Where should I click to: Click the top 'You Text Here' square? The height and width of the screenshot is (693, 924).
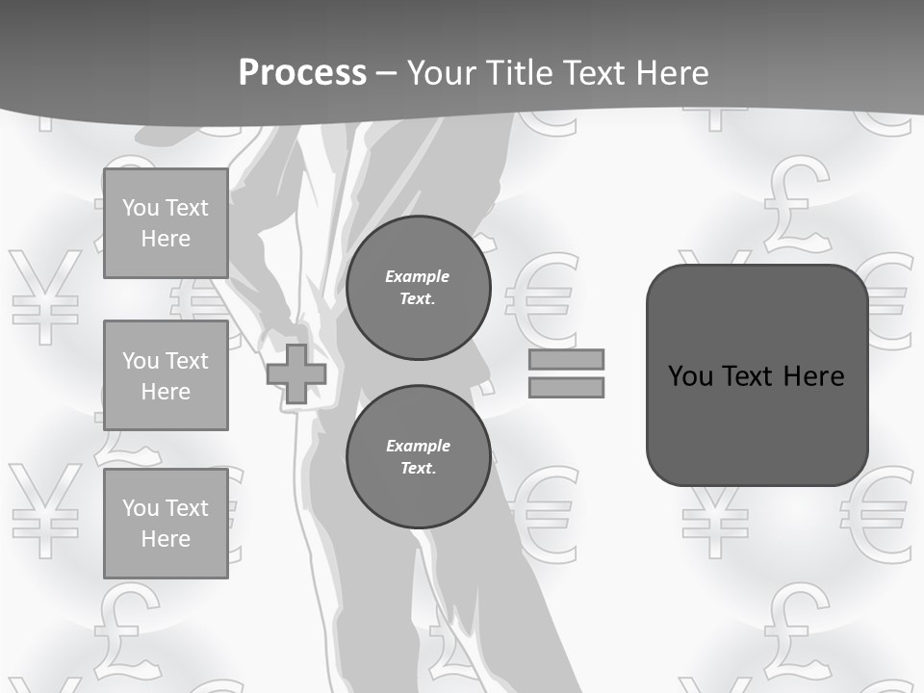pyautogui.click(x=166, y=223)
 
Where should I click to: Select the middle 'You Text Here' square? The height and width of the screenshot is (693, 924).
pyautogui.click(x=166, y=375)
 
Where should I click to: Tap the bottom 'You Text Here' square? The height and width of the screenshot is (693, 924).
pyautogui.click(x=166, y=523)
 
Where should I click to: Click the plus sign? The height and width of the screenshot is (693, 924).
pyautogui.click(x=296, y=373)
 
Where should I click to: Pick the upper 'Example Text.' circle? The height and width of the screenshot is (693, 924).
pyautogui.click(x=418, y=288)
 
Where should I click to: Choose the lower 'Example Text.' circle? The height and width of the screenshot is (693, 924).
pyautogui.click(x=418, y=457)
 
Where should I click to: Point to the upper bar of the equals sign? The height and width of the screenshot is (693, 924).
pyautogui.click(x=566, y=359)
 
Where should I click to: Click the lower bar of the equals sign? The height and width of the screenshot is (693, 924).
pyautogui.click(x=566, y=387)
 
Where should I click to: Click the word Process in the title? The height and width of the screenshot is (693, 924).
pyautogui.click(x=302, y=72)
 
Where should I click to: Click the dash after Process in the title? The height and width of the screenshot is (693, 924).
pyautogui.click(x=386, y=73)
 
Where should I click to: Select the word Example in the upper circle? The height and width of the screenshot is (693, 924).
pyautogui.click(x=418, y=276)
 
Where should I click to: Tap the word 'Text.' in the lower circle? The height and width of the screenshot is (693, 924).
pyautogui.click(x=418, y=469)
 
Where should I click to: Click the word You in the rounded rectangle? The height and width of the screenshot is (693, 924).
pyautogui.click(x=689, y=375)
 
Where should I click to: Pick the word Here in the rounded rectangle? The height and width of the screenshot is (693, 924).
pyautogui.click(x=814, y=375)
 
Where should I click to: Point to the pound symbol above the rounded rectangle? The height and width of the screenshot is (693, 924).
pyautogui.click(x=796, y=202)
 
